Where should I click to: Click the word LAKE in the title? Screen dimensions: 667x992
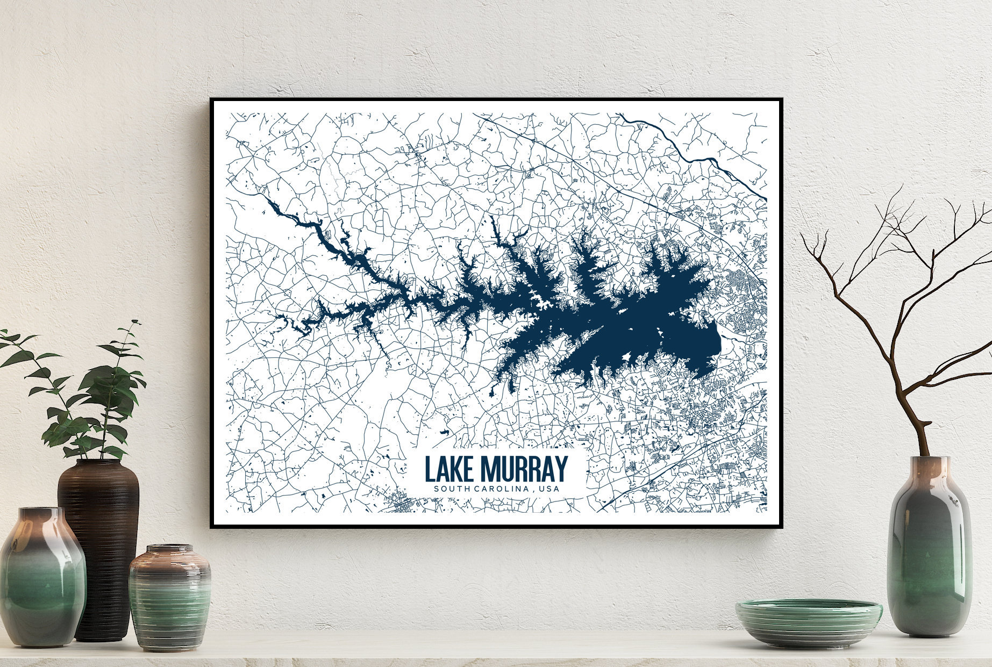pyautogui.click(x=449, y=470)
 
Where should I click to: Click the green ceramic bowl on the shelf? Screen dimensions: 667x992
pyautogui.click(x=809, y=623)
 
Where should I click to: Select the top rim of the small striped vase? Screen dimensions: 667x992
pyautogui.click(x=170, y=549)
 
